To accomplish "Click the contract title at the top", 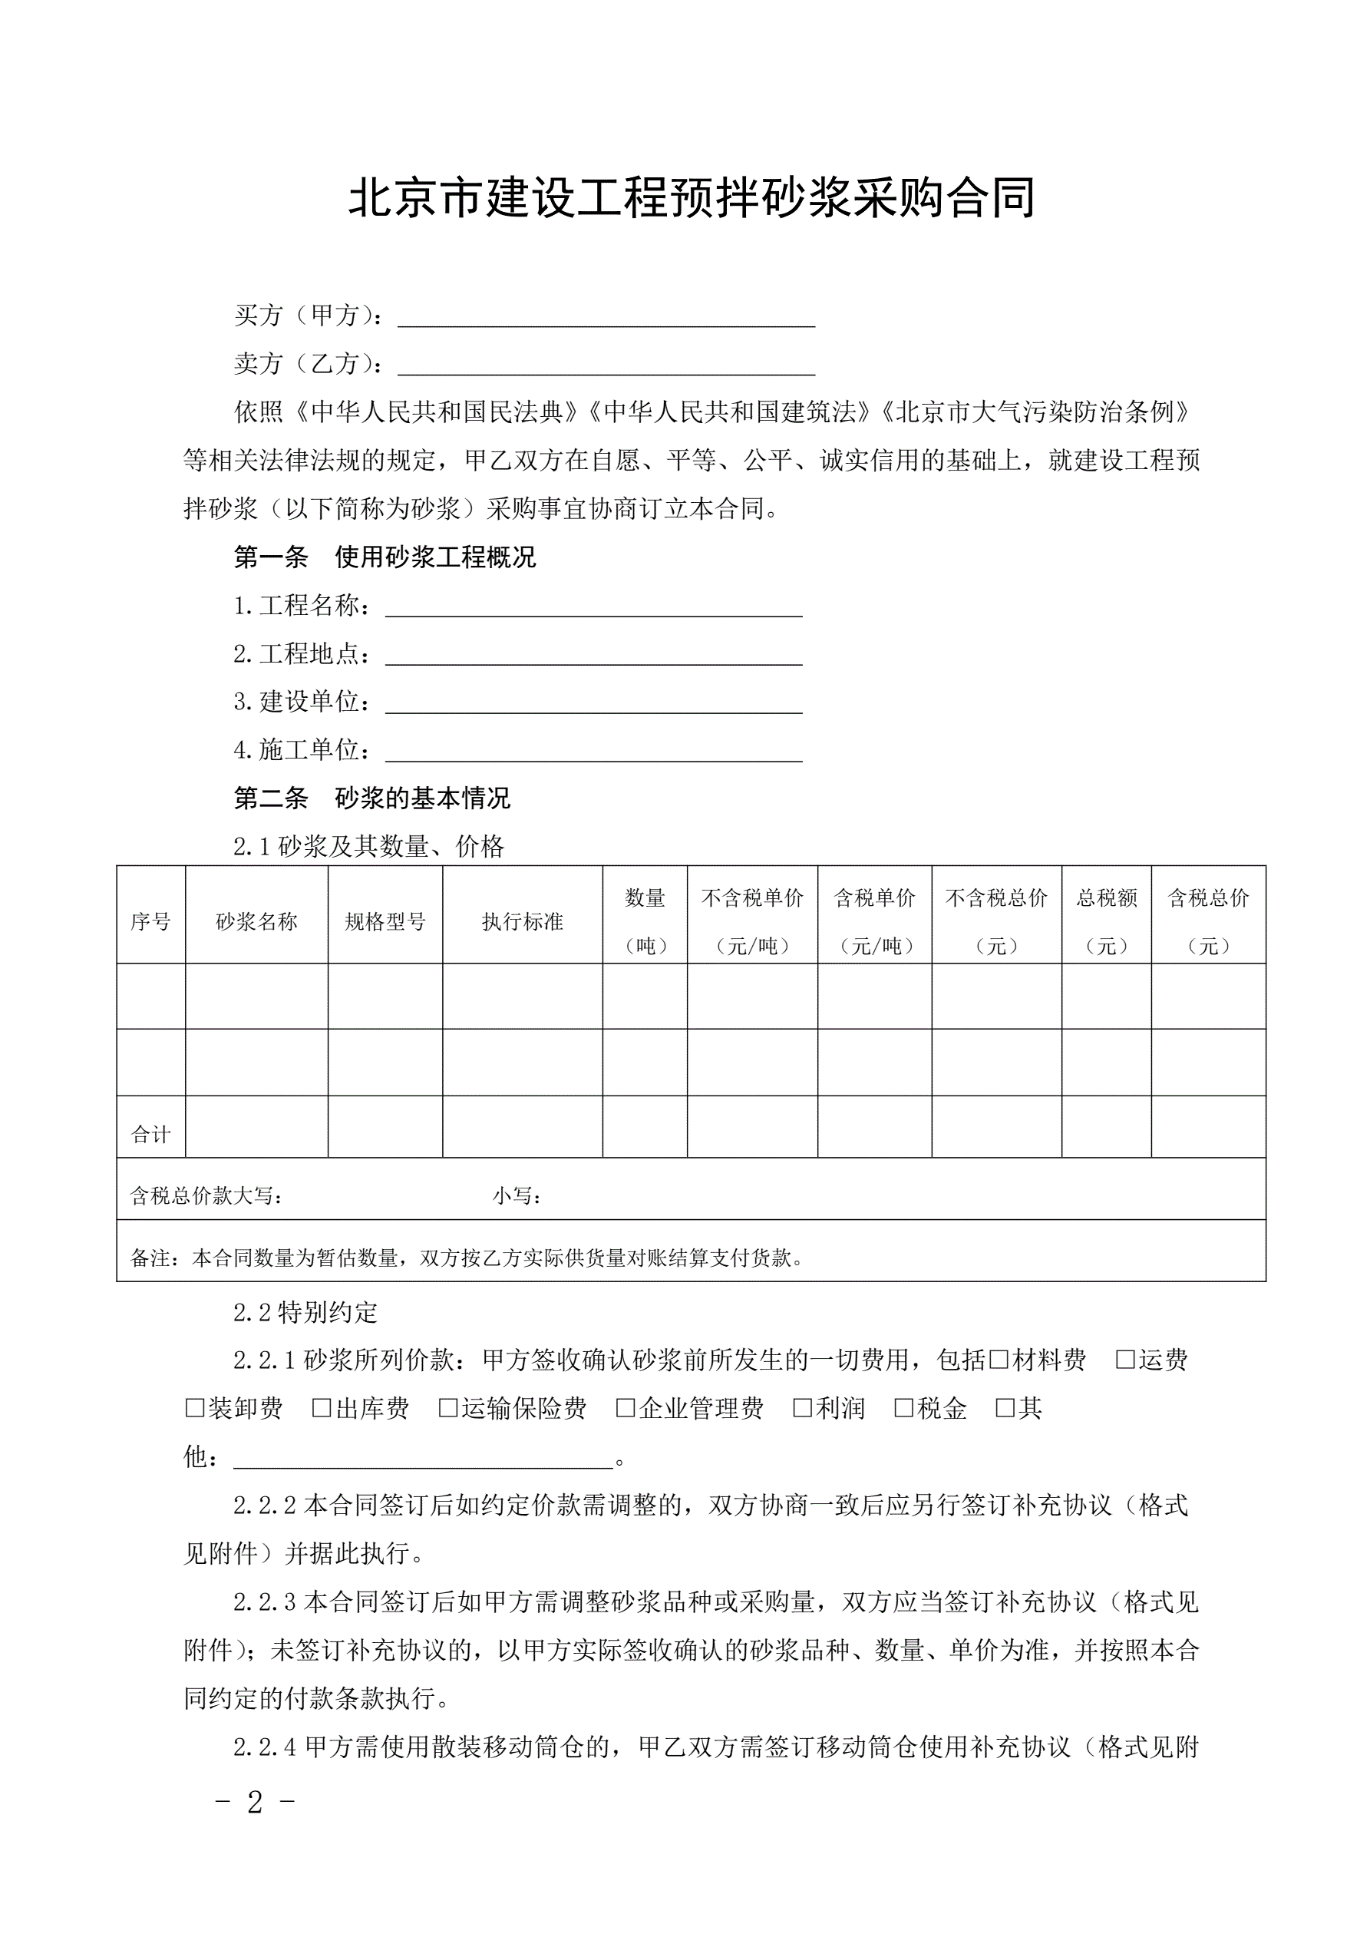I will pos(692,198).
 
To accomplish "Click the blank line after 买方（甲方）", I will pos(606,317).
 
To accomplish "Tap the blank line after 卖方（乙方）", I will pos(606,365).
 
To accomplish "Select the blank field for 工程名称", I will pos(593,607).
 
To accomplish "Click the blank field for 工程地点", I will pos(593,656).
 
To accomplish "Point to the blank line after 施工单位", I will pos(593,752).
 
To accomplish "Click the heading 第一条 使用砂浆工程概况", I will pos(385,557).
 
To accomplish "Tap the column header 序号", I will pos(150,922).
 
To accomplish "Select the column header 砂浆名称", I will pos(256,922).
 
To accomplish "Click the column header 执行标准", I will pos(522,922).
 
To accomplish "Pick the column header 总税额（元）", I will pos(1106,921).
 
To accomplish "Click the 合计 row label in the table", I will pos(150,1135).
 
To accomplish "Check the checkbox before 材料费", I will pos(998,1359).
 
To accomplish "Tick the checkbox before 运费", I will pos(1124,1359).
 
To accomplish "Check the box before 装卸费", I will pos(194,1407).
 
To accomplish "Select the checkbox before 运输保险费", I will pos(448,1407).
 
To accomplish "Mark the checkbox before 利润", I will pos(802,1407).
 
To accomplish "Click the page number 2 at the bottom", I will pos(255,1803).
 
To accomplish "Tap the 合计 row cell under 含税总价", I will pos(1208,1127).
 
